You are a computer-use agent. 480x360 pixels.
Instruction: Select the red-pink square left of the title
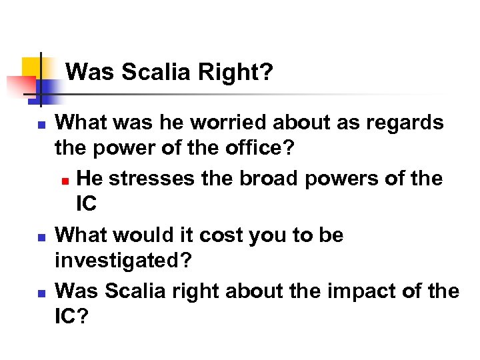click(x=20, y=86)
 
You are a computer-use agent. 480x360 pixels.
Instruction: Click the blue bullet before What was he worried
click(x=40, y=124)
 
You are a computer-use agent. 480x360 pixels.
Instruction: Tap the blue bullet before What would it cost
click(x=40, y=237)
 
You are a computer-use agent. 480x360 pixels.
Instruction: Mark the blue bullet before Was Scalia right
click(x=40, y=293)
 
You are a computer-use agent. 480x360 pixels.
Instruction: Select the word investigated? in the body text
click(x=123, y=261)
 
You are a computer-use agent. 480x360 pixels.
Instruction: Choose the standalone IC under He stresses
click(x=87, y=204)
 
